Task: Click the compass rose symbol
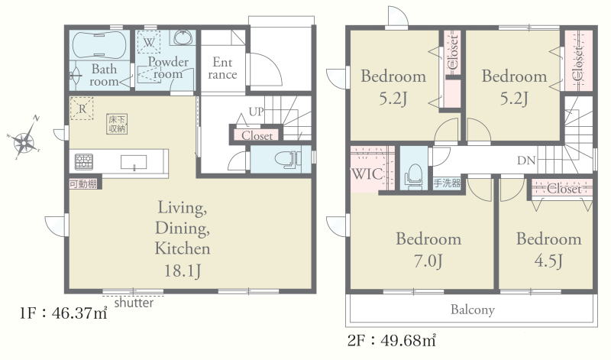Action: pos(24,140)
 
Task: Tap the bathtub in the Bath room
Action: pos(99,44)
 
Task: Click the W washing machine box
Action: pos(148,42)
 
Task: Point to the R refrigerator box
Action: pos(82,109)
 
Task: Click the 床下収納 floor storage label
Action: pos(117,124)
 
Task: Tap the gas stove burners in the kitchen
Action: pos(84,161)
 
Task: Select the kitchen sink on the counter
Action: pos(134,162)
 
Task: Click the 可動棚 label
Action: pos(83,183)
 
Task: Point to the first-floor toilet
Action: pos(288,159)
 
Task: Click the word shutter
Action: pos(134,303)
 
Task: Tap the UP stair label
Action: pos(256,112)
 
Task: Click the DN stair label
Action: pos(526,161)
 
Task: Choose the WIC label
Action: pos(367,174)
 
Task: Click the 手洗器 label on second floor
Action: pos(447,183)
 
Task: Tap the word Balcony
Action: pos(473,310)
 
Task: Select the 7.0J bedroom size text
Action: pos(428,261)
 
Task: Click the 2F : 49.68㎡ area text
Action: pos(392,340)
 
